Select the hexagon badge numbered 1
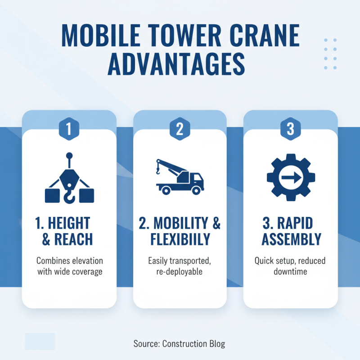tap(68, 129)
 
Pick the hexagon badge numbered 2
tap(180, 129)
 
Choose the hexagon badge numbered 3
tap(290, 129)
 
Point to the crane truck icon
tap(180, 178)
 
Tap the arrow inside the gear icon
tap(290, 178)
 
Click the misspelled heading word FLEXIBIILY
tap(180, 239)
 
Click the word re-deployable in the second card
tap(180, 272)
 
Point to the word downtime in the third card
tap(290, 272)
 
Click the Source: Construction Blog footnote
tap(179, 344)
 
